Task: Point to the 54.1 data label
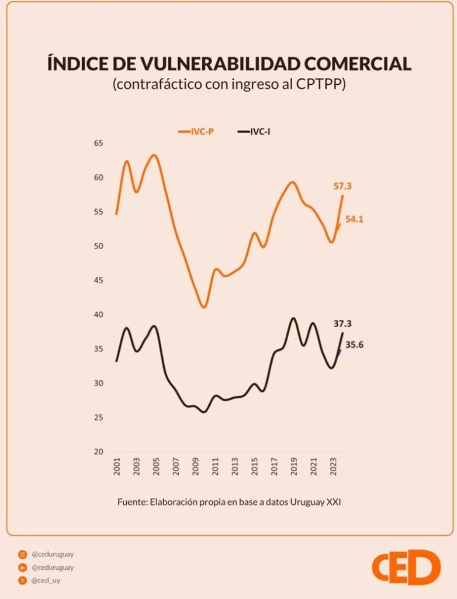coord(355,219)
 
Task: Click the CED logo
coord(406,567)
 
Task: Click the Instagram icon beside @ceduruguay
coord(23,554)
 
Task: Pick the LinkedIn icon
coord(23,567)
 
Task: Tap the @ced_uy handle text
coord(46,581)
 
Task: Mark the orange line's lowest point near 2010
coord(203,307)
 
